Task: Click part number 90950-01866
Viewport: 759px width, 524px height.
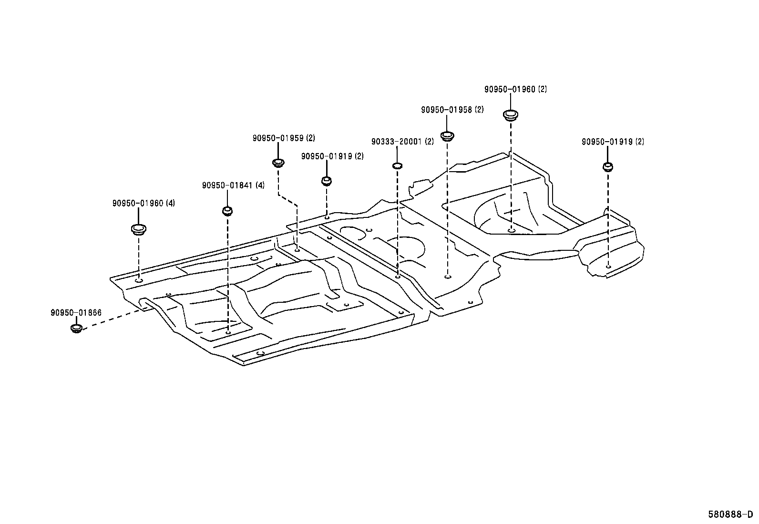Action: pyautogui.click(x=76, y=313)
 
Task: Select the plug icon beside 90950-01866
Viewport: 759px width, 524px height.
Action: pyautogui.click(x=76, y=328)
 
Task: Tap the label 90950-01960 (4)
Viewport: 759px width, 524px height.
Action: pyautogui.click(x=144, y=203)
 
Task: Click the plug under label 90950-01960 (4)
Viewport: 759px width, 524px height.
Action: pyautogui.click(x=138, y=229)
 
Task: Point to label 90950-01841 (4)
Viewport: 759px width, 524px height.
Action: pyautogui.click(x=233, y=185)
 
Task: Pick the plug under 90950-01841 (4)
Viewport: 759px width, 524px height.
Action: pyautogui.click(x=227, y=210)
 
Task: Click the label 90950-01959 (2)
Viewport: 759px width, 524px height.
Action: pyautogui.click(x=284, y=138)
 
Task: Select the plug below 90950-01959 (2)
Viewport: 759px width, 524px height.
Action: pyautogui.click(x=278, y=163)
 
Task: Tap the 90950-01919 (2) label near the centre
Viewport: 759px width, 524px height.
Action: pyautogui.click(x=332, y=156)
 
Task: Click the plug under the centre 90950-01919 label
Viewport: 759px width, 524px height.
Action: pyautogui.click(x=327, y=181)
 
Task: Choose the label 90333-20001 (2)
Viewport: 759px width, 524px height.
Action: pyautogui.click(x=402, y=142)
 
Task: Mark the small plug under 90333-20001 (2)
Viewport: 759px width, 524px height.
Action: pyautogui.click(x=398, y=166)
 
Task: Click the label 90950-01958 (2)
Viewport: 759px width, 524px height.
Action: pyautogui.click(x=452, y=110)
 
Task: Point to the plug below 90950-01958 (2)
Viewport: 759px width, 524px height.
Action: pyautogui.click(x=447, y=135)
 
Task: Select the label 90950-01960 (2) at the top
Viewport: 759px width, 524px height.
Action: pyautogui.click(x=515, y=89)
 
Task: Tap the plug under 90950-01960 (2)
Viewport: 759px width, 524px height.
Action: pyautogui.click(x=511, y=114)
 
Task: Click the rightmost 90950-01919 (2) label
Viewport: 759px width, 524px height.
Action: pyautogui.click(x=613, y=142)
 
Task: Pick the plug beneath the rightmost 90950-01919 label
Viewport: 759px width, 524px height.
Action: pyautogui.click(x=608, y=166)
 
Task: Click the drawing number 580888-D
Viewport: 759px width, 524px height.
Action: pyautogui.click(x=730, y=514)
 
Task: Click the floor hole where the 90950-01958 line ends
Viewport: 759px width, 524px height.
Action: pyautogui.click(x=447, y=277)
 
